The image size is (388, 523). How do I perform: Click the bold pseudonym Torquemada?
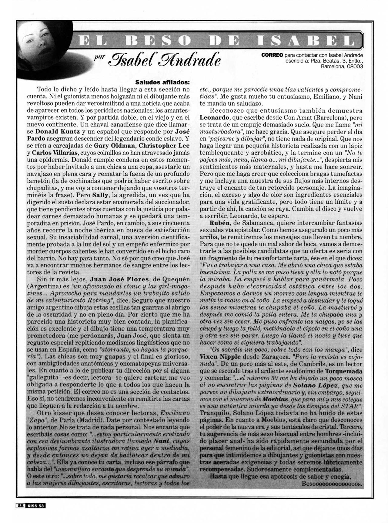click(344, 371)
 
